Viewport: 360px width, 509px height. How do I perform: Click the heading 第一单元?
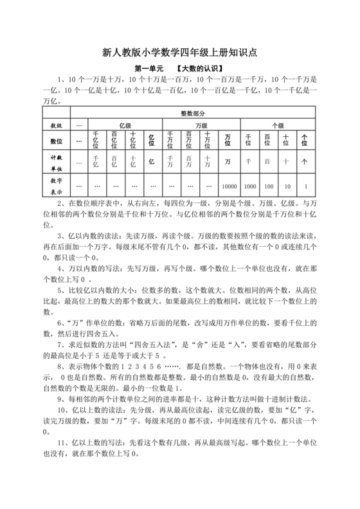coord(148,68)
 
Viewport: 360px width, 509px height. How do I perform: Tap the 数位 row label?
coord(57,139)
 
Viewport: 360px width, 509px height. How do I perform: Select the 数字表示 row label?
coord(57,186)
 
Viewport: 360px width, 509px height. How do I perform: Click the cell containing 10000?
coord(229,186)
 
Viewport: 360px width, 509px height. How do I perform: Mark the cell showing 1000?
coord(250,186)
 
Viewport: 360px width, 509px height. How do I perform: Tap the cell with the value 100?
coord(267,186)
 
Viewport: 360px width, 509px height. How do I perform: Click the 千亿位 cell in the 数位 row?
coord(96,139)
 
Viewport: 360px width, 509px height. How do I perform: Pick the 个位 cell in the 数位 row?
coord(305,139)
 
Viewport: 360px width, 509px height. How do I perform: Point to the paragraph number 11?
coord(62,443)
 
